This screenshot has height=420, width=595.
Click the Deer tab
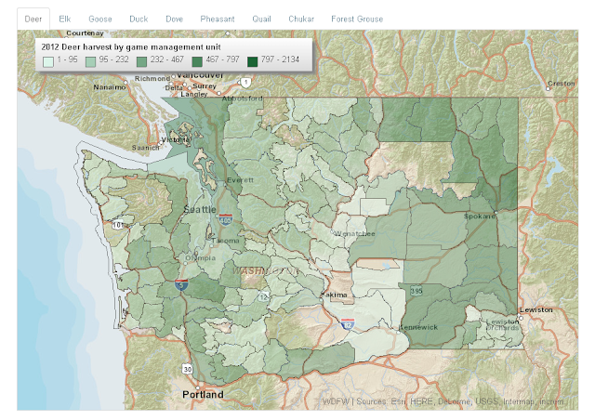point(33,19)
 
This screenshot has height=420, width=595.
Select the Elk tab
point(65,19)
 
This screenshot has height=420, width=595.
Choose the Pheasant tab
point(218,19)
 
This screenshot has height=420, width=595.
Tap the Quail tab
point(262,19)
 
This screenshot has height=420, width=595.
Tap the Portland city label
point(202,395)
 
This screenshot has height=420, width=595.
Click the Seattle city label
point(200,209)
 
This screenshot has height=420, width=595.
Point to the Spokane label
point(480,216)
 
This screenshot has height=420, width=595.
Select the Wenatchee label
point(354,234)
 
